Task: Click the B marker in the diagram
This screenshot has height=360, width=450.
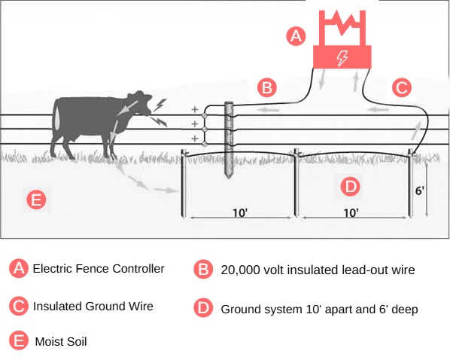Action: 266,87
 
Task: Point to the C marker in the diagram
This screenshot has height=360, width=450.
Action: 402,87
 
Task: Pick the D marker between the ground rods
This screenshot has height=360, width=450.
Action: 351,185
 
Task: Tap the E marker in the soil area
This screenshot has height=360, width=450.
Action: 36,200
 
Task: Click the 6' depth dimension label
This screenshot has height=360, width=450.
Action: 420,191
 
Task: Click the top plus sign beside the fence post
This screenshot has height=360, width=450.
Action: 194,108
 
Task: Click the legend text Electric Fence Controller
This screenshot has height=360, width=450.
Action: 99,269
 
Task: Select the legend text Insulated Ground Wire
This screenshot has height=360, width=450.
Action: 93,307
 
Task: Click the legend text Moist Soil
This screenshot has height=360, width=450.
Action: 61,342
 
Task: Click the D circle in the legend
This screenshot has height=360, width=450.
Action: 203,308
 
